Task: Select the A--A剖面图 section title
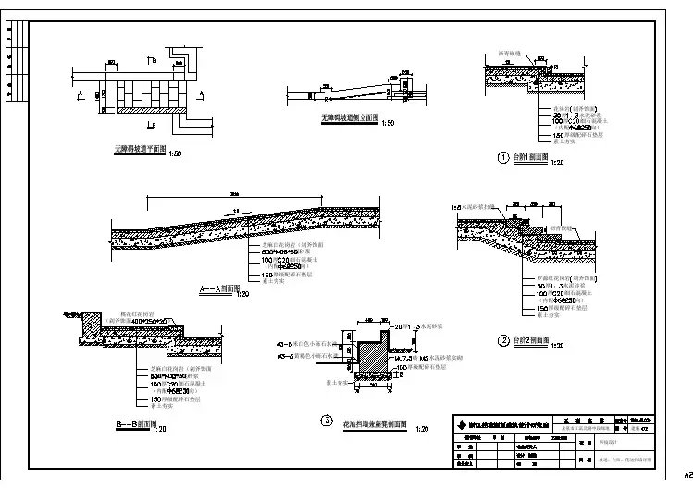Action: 216,289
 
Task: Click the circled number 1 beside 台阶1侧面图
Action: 504,157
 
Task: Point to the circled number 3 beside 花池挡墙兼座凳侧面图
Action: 326,422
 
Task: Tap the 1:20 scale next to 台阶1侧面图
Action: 557,164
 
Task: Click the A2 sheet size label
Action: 684,473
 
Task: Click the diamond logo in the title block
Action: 461,424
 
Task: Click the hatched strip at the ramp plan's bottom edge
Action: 153,110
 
